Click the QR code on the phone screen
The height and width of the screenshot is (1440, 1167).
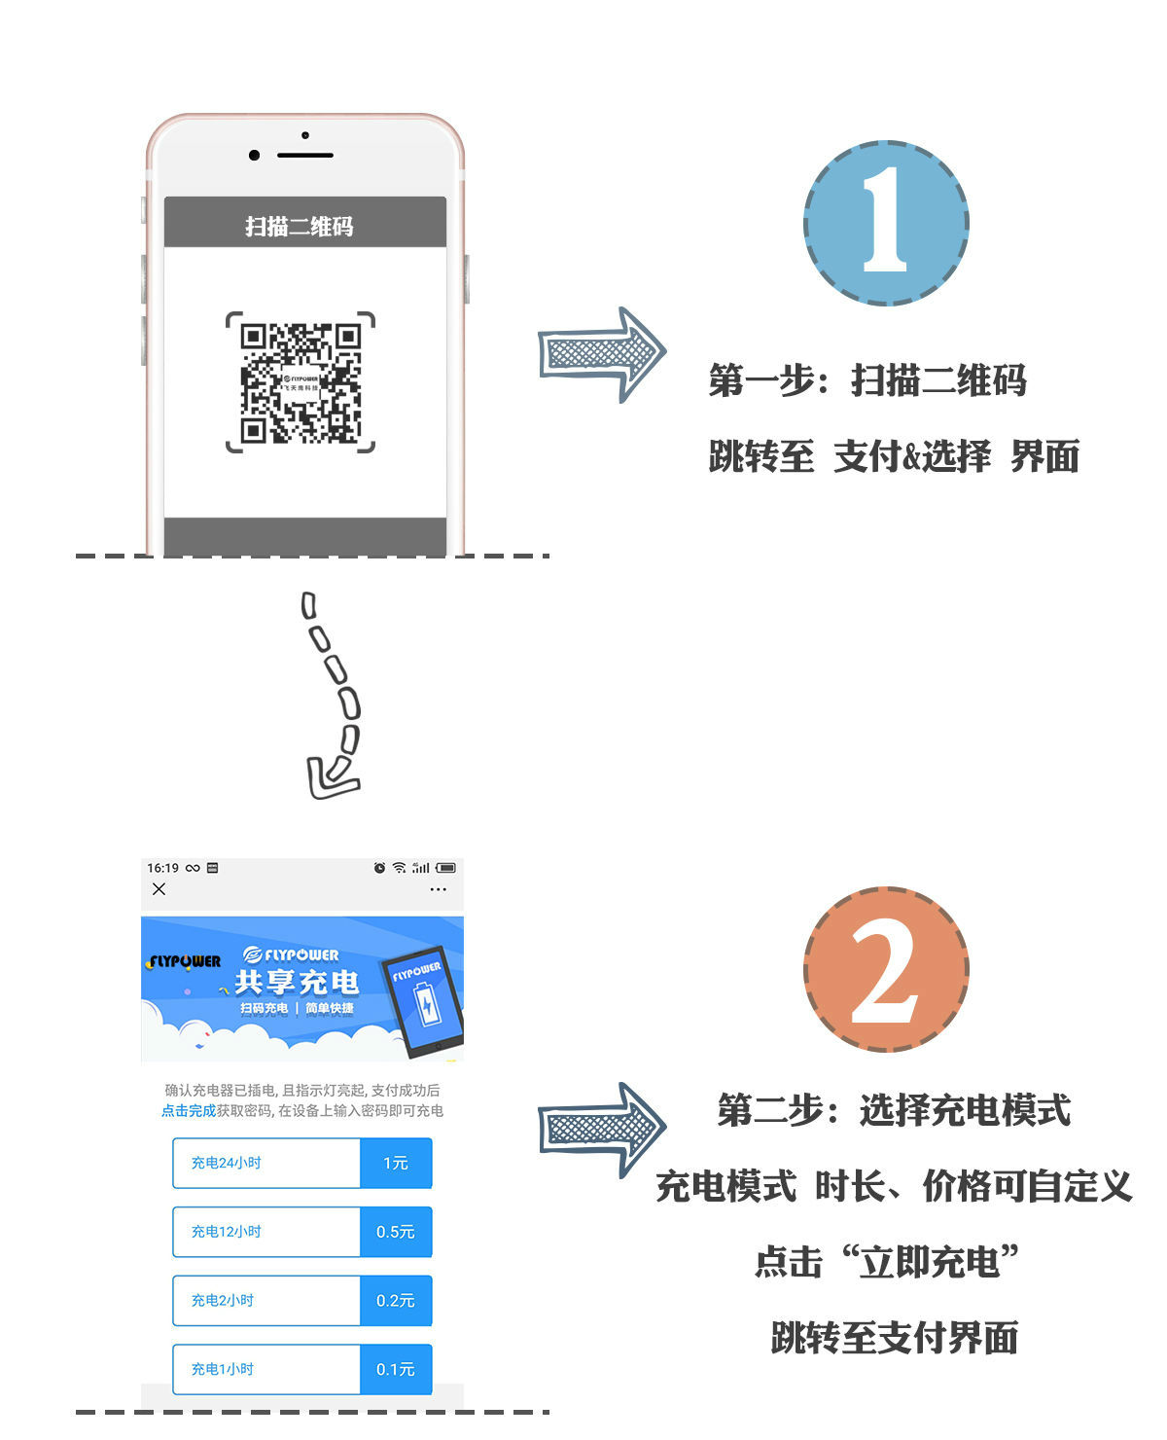click(x=301, y=382)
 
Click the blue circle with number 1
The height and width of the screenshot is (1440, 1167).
click(x=885, y=223)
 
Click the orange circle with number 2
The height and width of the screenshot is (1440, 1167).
click(x=885, y=968)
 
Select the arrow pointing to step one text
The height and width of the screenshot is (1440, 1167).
click(x=601, y=354)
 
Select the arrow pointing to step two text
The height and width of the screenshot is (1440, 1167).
click(x=601, y=1130)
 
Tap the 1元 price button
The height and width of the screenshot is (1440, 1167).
click(x=395, y=1162)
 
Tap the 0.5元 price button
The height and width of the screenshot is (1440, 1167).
click(x=395, y=1231)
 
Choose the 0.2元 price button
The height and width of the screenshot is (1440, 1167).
click(x=395, y=1300)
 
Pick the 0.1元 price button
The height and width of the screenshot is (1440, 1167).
click(x=395, y=1369)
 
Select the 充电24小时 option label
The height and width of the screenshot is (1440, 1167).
click(x=226, y=1162)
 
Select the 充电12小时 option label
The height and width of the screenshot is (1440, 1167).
click(x=226, y=1231)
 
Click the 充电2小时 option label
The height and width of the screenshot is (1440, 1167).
click(x=223, y=1300)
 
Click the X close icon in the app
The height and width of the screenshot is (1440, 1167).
click(x=159, y=889)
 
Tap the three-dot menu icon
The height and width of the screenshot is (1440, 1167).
click(x=438, y=889)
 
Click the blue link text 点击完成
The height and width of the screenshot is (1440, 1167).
click(x=189, y=1111)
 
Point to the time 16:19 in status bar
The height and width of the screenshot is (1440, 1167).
click(x=162, y=868)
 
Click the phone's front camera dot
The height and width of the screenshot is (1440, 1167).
click(x=254, y=156)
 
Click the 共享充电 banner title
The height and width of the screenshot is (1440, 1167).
click(x=297, y=983)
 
